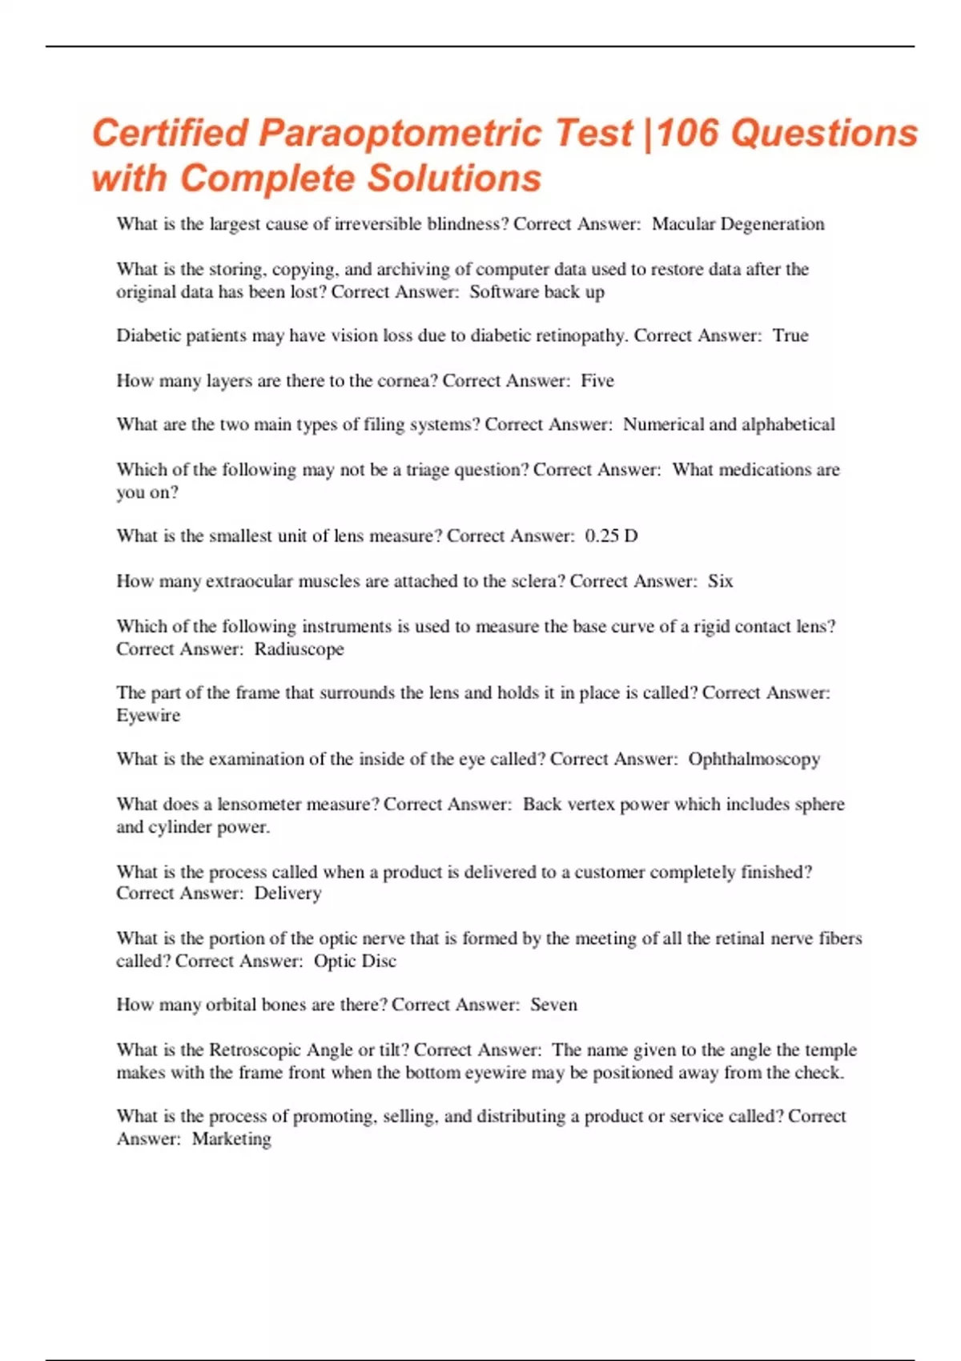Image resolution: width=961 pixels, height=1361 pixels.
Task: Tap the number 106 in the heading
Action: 691,134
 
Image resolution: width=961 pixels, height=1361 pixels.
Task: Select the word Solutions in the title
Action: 454,179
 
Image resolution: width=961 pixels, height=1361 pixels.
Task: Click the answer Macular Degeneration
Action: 738,224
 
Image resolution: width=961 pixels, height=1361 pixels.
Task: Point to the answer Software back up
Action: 537,291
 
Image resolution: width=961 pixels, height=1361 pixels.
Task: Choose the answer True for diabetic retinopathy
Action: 790,335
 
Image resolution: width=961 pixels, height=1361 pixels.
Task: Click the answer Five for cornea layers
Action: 597,380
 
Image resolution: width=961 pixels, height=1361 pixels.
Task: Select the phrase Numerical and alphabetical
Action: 729,424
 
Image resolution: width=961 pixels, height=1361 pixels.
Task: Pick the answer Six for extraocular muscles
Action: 720,581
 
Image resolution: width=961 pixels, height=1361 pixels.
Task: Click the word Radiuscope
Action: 299,648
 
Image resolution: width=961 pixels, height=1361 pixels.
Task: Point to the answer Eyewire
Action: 148,715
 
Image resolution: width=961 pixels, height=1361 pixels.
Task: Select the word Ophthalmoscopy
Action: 754,759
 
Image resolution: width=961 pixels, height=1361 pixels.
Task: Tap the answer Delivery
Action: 287,893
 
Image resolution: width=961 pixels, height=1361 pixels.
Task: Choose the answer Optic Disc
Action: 355,961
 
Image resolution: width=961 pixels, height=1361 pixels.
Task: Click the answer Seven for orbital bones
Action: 553,1005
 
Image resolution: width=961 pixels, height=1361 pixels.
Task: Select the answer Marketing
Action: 231,1138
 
